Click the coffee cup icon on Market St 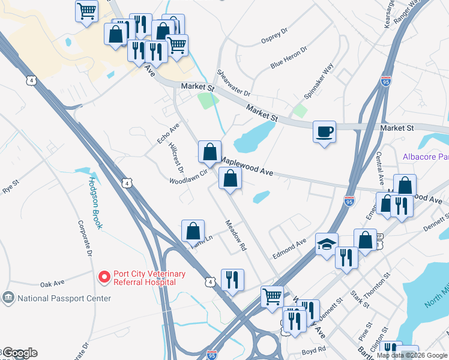coord(324,131)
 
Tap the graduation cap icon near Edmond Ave coord(326,244)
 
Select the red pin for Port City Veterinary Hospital coord(104,277)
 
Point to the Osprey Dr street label coord(275,37)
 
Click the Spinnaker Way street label coord(319,83)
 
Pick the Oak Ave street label coord(52,284)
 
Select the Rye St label coord(11,186)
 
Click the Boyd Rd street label coord(314,349)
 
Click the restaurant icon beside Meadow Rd coord(232,279)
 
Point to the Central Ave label coord(379,168)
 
